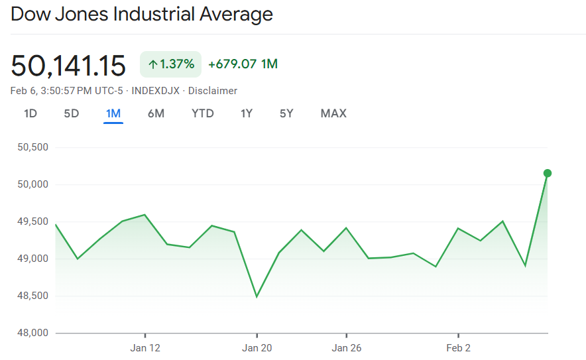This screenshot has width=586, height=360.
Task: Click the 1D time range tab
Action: coord(30,113)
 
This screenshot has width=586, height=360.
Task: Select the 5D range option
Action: coord(72,113)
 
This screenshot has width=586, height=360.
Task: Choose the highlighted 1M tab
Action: coord(113,113)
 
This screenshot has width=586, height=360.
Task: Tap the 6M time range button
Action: coord(156,113)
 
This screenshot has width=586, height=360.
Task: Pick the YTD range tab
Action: coord(203,113)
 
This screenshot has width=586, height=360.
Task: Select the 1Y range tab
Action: coord(247,113)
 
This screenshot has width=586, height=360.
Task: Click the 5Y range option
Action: coord(286,113)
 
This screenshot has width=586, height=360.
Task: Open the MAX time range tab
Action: coord(333,113)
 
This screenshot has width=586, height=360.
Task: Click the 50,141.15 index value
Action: coord(68,66)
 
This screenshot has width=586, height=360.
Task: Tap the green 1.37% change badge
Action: coord(171,64)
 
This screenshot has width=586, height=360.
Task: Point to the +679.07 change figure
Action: coord(233,64)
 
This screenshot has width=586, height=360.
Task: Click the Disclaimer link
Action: coord(213,91)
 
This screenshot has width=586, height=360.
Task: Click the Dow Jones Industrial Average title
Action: coord(142,14)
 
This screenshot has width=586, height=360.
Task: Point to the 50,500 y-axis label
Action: coord(32,147)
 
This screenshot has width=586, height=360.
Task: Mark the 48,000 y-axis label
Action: coord(32,333)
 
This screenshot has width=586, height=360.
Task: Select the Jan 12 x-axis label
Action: coord(145,348)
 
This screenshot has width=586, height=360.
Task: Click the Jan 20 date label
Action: coord(257,348)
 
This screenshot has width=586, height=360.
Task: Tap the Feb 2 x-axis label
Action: coord(458,348)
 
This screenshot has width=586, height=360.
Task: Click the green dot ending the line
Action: coord(548,173)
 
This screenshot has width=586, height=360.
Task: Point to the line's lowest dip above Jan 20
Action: coord(257,296)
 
